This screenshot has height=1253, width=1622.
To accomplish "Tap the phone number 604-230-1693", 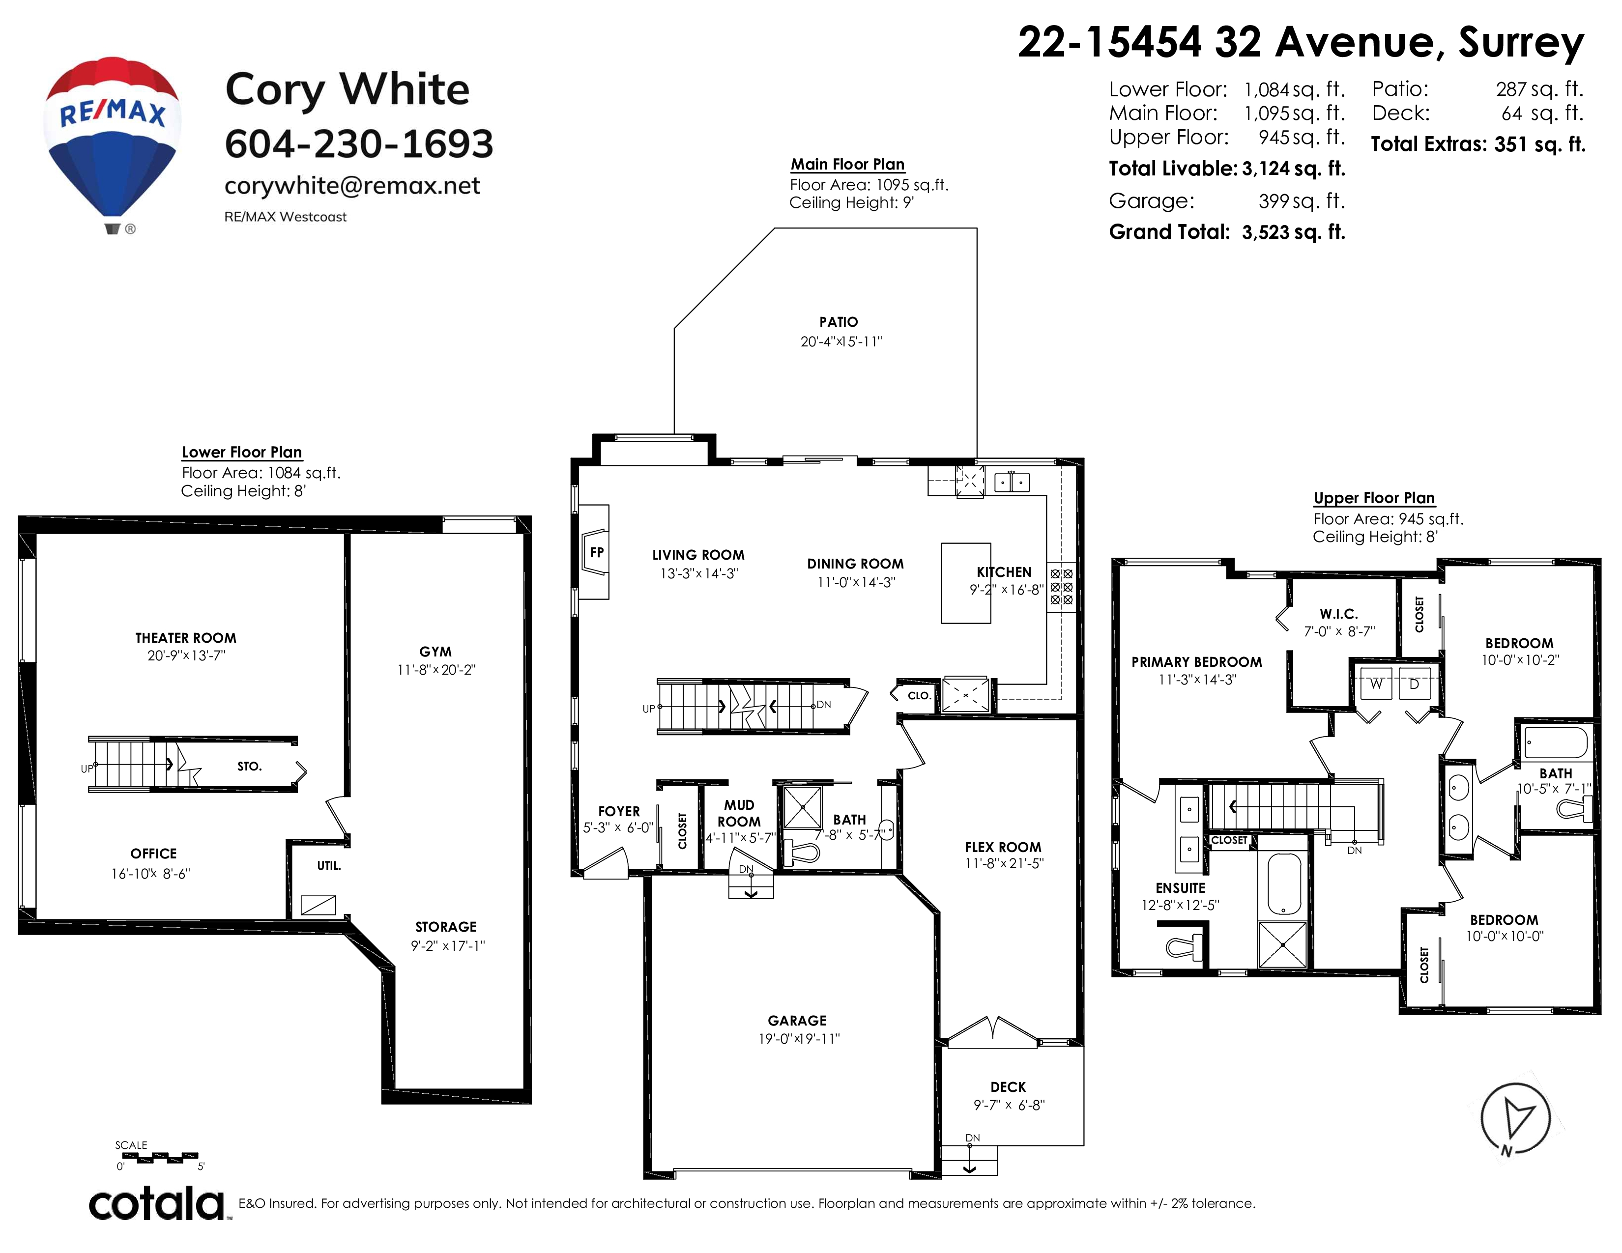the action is pos(359,143).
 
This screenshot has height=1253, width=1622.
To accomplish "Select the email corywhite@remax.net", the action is pos(352,186).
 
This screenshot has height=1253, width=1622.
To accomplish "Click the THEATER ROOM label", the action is pos(186,638).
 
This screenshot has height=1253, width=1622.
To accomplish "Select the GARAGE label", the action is pos(797,1021).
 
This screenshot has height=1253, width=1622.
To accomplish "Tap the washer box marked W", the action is pos(1375,683).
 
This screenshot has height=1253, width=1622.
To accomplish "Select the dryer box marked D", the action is pos(1414,683).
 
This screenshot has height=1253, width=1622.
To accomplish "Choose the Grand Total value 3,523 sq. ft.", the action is pos(1294,232).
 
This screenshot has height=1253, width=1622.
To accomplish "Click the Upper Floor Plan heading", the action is pos(1374,498).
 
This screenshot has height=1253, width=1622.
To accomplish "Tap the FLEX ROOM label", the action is pos(1003,847).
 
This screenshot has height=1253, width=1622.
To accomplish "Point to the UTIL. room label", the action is pos(329,865).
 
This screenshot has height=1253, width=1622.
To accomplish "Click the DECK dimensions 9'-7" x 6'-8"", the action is pos(1009,1105).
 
